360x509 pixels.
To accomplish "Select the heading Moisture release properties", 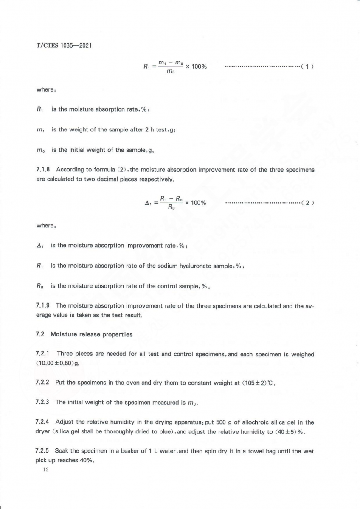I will tap(91, 334).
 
